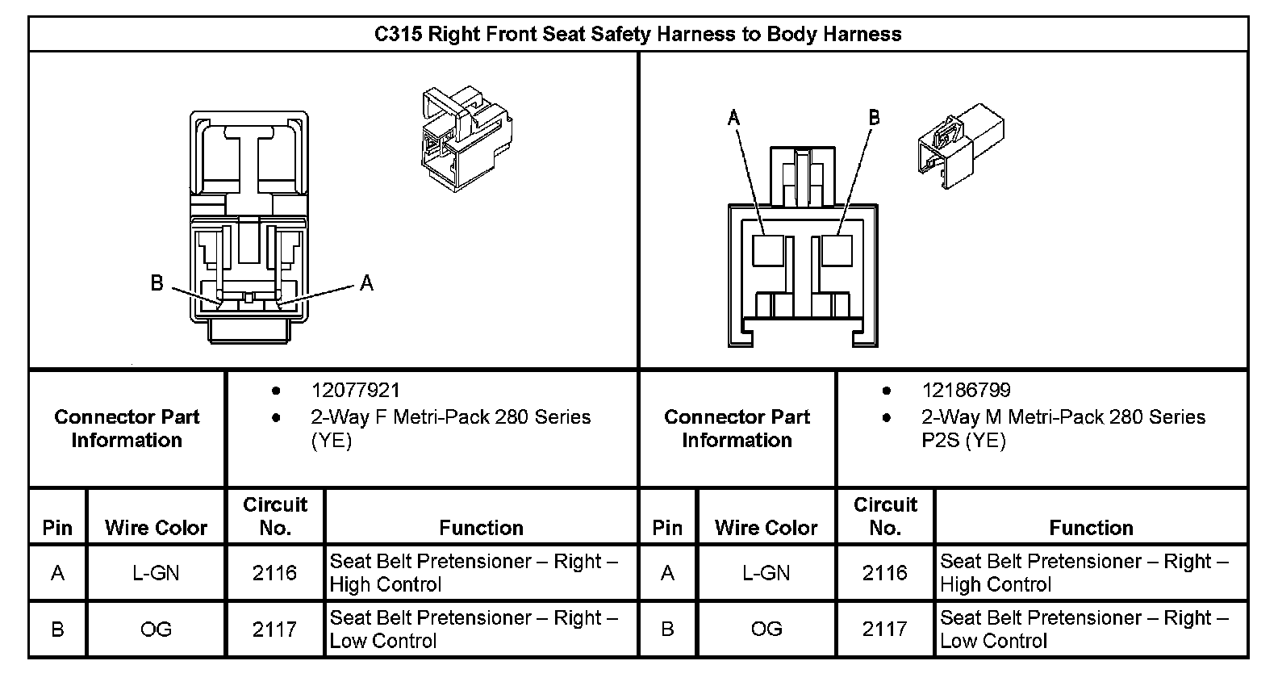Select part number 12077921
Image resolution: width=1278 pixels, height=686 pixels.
(355, 391)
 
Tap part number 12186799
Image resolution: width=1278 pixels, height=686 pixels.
(966, 391)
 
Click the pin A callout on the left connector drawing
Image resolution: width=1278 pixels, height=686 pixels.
(367, 283)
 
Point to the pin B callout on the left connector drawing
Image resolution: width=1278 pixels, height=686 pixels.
(157, 283)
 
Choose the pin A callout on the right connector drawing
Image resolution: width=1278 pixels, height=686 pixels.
(733, 119)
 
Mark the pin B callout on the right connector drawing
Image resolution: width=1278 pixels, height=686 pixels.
(874, 118)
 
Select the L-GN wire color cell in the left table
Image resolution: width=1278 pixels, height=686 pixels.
(156, 573)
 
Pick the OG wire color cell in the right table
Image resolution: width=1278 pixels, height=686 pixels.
(766, 630)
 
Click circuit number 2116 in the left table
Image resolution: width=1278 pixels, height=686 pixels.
(274, 573)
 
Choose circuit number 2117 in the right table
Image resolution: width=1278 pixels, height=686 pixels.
(884, 630)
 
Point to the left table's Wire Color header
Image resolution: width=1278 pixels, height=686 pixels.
(156, 528)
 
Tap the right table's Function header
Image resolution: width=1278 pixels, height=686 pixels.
(1091, 528)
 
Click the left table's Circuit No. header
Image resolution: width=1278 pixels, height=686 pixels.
(274, 517)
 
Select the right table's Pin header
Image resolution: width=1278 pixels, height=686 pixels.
(666, 528)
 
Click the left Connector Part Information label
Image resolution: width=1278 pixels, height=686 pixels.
(127, 429)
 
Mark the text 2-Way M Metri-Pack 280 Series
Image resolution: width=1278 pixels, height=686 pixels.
(1063, 417)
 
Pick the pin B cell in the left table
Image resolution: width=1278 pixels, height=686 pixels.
(57, 630)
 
